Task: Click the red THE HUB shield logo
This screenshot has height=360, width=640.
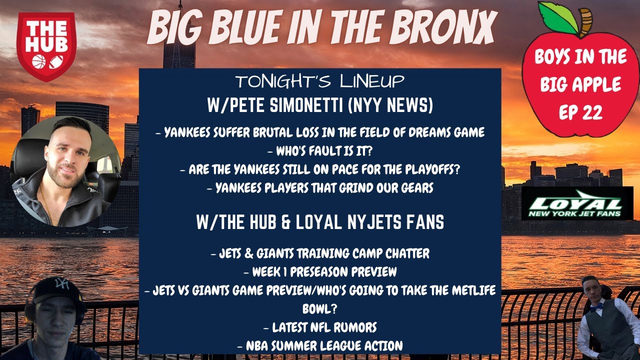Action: click(46, 46)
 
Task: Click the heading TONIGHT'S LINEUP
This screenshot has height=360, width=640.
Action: click(320, 81)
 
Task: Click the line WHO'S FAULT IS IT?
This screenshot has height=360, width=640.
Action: click(320, 151)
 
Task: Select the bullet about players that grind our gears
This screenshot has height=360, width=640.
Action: click(320, 188)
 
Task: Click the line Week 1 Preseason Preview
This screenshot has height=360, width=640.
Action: click(320, 271)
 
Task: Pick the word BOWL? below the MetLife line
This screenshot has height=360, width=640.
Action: click(319, 308)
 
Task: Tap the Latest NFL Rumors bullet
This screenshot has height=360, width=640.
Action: click(320, 327)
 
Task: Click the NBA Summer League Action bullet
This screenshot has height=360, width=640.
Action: click(320, 345)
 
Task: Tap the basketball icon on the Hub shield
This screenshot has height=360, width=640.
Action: click(39, 61)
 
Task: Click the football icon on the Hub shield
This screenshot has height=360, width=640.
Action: click(56, 61)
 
